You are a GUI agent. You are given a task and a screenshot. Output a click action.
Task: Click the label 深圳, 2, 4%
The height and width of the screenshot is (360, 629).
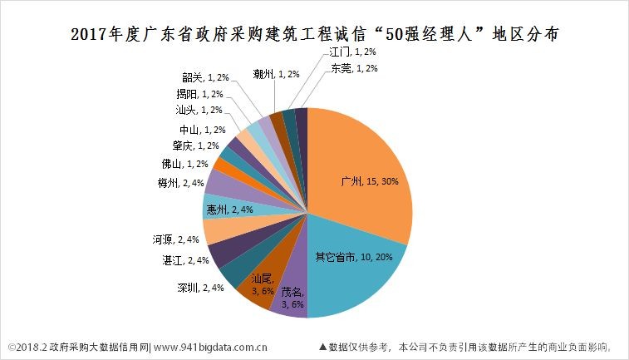tap(199, 288)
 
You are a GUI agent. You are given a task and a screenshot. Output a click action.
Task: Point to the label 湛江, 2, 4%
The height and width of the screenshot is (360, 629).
tap(185, 260)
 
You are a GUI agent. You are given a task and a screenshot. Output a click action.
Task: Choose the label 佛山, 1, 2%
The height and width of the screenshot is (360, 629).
tap(183, 164)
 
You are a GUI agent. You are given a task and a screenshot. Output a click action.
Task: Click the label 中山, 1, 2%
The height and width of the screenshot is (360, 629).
tap(201, 130)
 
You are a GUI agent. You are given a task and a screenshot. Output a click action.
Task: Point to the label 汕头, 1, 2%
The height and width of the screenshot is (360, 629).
tap(199, 110)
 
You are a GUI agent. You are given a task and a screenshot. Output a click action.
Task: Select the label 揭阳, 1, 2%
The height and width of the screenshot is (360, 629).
tap(199, 93)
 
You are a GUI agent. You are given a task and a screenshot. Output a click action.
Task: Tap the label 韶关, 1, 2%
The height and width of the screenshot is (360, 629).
tap(205, 76)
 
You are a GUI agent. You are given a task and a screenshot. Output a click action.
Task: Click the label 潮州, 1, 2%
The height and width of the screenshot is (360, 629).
tap(277, 73)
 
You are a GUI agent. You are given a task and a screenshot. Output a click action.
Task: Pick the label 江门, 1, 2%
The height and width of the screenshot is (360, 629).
tap(342, 52)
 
